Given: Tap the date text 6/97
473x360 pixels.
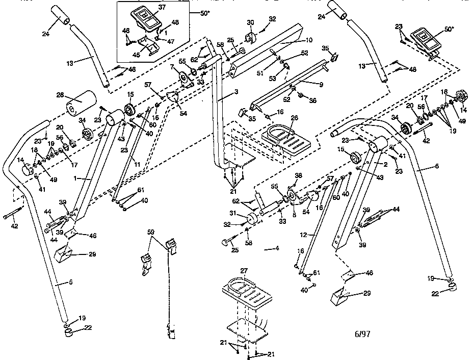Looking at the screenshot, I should pyautogui.click(x=362, y=335).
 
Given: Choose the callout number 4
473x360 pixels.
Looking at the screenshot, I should pyautogui.click(x=277, y=249).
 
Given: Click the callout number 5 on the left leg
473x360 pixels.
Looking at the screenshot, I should pyautogui.click(x=58, y=282).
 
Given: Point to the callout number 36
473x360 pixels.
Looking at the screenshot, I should pyautogui.click(x=312, y=100).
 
